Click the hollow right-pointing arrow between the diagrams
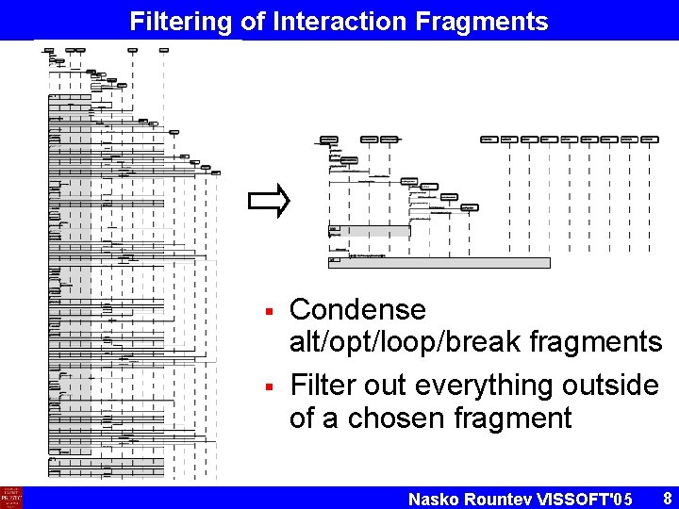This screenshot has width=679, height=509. point(267,201)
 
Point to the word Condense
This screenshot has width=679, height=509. point(357,309)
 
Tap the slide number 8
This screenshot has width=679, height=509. point(667,497)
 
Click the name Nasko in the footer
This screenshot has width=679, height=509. point(434,499)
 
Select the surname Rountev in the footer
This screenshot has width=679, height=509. point(500,499)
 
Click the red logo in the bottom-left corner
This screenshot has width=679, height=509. point(11,497)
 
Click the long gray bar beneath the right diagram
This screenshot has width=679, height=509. point(439,263)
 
